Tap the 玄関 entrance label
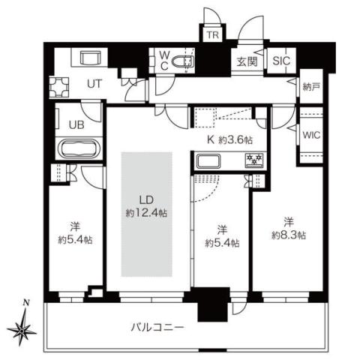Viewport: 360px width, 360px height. [x=247, y=62]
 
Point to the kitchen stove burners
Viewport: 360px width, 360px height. [x=252, y=160]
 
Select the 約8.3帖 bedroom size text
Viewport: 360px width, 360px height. [x=288, y=228]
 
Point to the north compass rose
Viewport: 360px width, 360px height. [x=25, y=326]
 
